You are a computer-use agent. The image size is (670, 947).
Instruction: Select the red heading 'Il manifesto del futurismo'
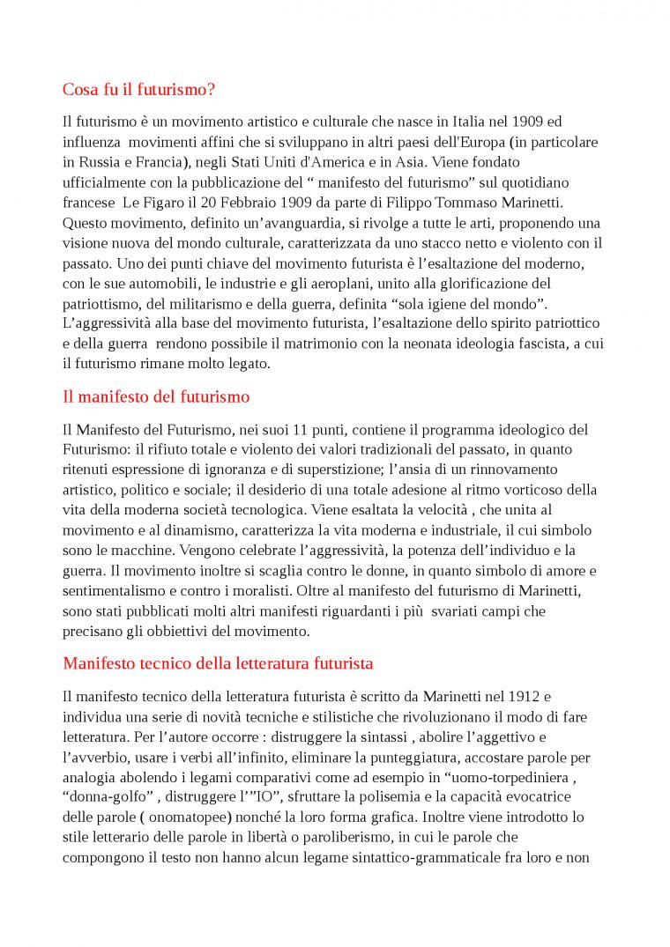[156, 396]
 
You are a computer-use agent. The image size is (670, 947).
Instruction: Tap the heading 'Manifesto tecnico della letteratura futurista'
[218, 662]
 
